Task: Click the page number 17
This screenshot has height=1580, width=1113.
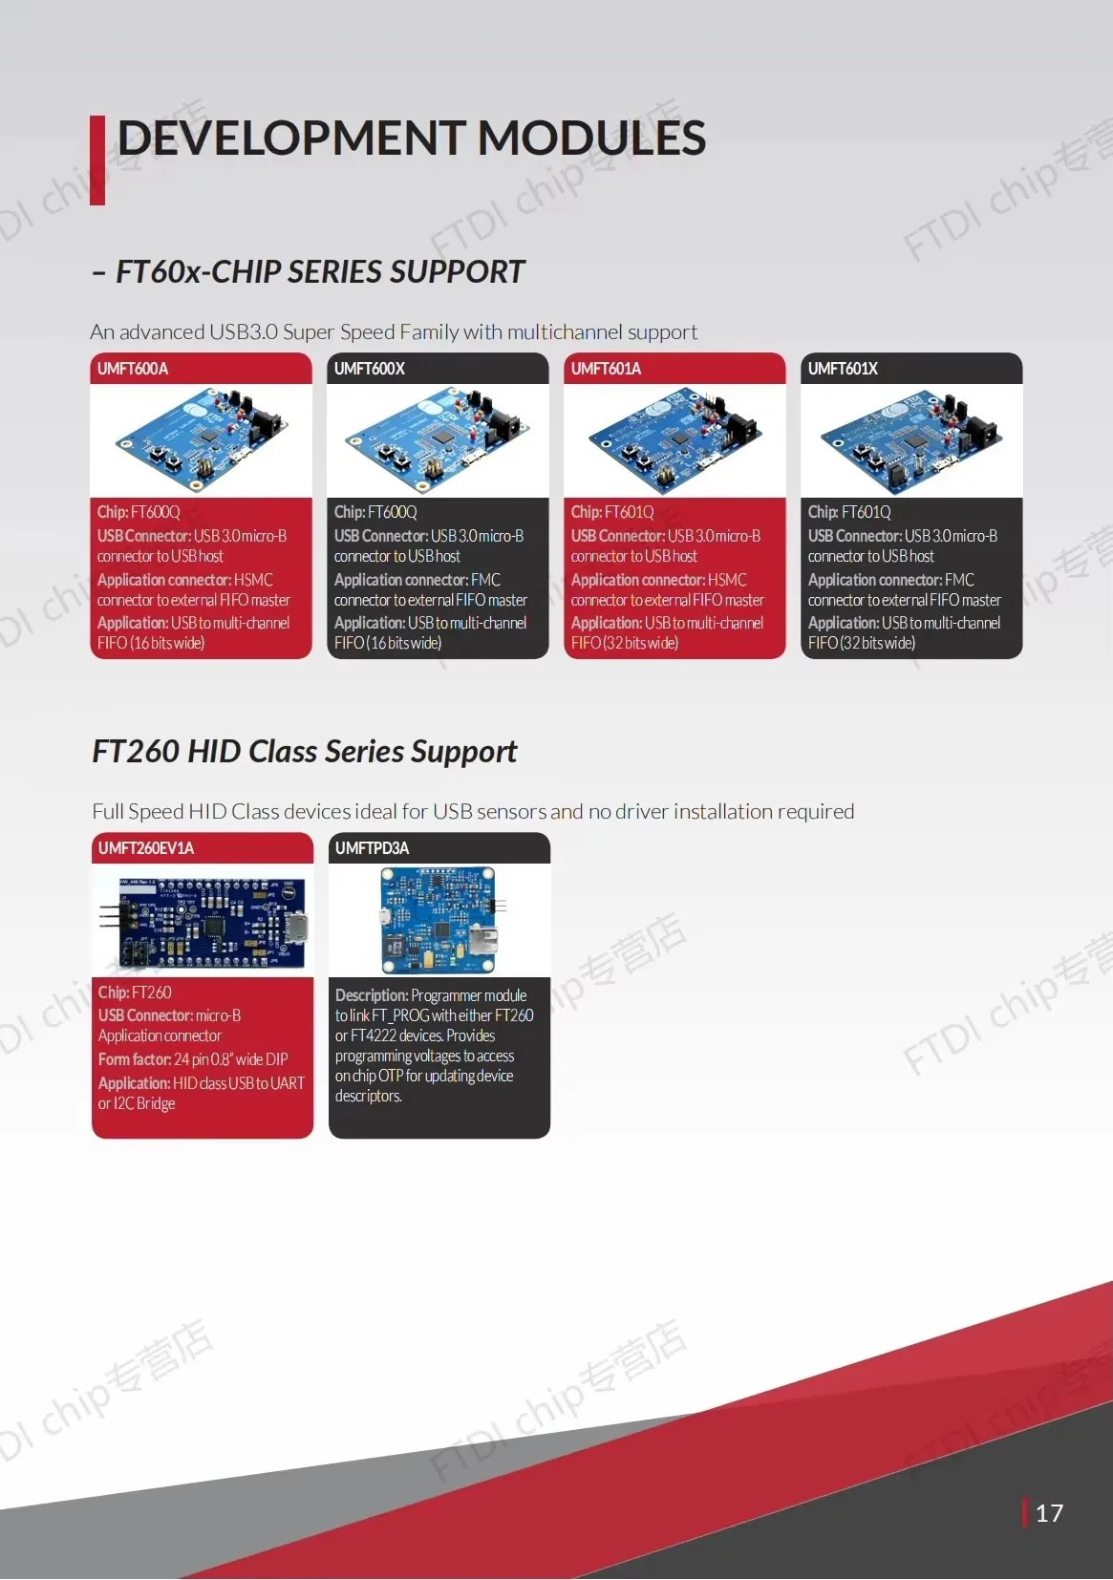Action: (1049, 1513)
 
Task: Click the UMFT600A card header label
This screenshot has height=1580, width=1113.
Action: (133, 369)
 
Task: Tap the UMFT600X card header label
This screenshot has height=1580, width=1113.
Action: (370, 369)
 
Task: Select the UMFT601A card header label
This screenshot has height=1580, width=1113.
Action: (606, 369)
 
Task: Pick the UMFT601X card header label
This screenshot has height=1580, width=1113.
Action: (843, 369)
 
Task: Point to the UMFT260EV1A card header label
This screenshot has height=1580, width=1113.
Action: (146, 848)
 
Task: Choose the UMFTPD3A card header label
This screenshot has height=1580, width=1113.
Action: (372, 848)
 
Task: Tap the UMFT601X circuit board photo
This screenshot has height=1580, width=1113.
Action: (911, 439)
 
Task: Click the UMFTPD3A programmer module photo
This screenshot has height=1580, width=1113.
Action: (439, 919)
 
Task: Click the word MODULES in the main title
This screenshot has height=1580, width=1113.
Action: (591, 139)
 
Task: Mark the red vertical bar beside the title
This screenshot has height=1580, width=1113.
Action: (97, 160)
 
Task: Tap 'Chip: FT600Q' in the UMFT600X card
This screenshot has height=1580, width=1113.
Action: (375, 512)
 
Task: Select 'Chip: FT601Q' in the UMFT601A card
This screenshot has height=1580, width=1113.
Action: (612, 512)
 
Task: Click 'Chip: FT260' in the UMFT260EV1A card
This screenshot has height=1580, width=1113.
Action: (135, 993)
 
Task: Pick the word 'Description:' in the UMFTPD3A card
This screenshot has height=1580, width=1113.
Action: (372, 995)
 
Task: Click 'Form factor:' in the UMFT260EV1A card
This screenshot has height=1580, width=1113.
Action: (135, 1059)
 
